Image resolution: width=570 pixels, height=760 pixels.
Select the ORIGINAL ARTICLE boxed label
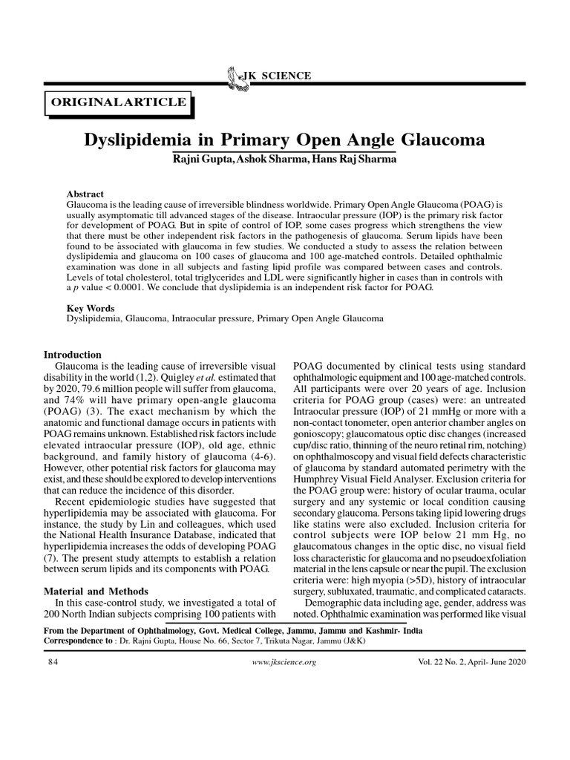(119, 102)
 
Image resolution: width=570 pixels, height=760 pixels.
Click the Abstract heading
(85, 194)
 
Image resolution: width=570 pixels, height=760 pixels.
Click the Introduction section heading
(73, 355)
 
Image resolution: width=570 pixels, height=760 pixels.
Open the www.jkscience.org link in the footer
(285, 662)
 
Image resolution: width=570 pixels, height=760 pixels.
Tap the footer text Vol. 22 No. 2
(440, 662)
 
